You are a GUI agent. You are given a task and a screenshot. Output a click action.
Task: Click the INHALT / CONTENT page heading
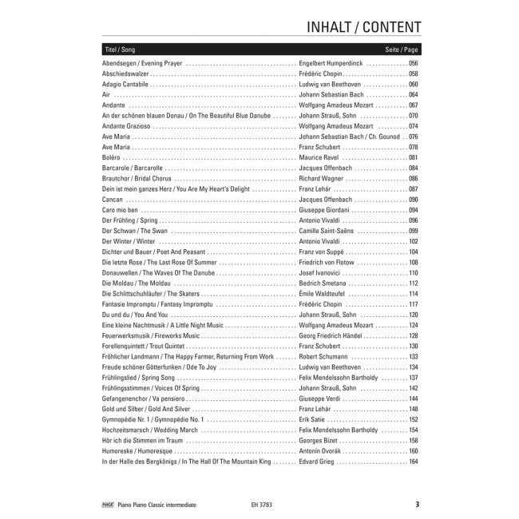pyautogui.click(x=363, y=26)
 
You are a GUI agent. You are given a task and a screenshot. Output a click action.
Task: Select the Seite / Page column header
pyautogui.click(x=402, y=50)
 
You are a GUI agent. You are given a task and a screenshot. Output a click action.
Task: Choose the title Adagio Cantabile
pyautogui.click(x=125, y=84)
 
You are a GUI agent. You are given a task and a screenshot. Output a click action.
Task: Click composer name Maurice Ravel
pyautogui.click(x=318, y=157)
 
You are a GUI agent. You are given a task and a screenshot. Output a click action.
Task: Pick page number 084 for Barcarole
pyautogui.click(x=413, y=168)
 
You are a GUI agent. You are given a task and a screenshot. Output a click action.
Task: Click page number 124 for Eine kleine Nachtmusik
pyautogui.click(x=413, y=326)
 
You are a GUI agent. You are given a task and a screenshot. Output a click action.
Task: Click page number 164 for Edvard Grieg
pyautogui.click(x=413, y=462)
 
